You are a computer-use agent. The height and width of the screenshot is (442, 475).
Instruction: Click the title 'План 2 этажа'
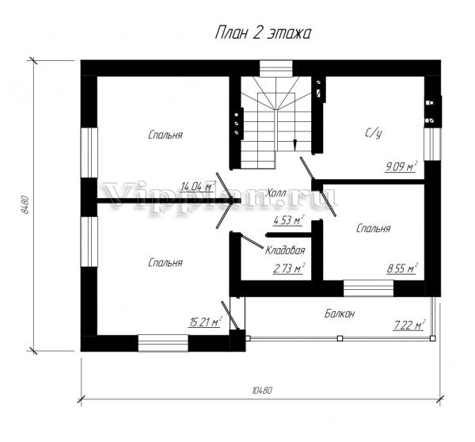263,32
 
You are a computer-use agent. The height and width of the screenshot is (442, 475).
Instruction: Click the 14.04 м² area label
197,186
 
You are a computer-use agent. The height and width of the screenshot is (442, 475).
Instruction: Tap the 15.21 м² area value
205,322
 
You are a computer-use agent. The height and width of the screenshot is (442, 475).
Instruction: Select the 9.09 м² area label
401,166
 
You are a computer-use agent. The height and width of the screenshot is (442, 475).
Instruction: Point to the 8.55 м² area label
402,268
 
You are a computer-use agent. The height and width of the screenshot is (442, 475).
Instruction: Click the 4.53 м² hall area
288,220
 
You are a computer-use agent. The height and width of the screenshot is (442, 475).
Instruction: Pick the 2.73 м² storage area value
288,269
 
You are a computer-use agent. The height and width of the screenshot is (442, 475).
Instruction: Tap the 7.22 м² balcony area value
409,325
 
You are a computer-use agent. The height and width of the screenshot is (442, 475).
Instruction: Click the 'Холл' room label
275,192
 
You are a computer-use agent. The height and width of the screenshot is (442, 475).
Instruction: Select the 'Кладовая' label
285,250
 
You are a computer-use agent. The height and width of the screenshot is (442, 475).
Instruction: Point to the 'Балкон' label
340,314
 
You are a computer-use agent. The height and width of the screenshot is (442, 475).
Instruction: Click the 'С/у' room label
373,133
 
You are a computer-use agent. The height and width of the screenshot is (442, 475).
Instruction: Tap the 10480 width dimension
262,391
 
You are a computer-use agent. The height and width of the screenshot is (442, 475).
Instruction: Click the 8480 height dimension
25,205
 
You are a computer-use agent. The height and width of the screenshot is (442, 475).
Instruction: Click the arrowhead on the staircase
294,145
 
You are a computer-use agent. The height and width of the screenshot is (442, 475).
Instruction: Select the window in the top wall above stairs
275,68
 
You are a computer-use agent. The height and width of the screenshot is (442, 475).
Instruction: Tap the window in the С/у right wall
432,143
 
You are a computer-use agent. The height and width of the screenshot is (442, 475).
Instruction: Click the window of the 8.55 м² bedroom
368,288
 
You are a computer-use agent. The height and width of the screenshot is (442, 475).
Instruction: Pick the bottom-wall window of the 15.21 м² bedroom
163,343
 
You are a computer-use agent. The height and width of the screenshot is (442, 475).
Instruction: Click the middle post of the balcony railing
340,338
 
